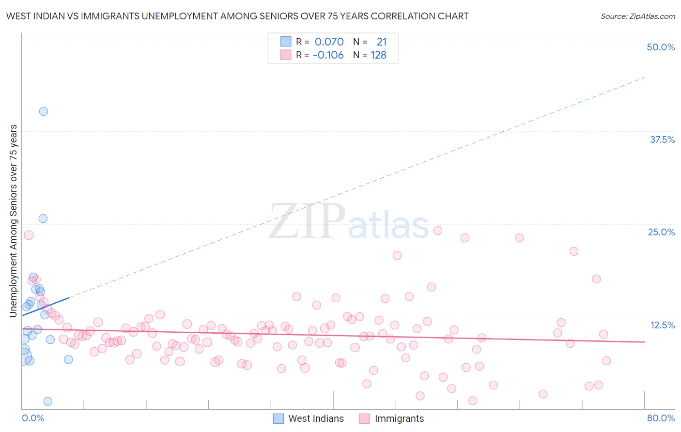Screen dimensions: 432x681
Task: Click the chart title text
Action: (x=237, y=16)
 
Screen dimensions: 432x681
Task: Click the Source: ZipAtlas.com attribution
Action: (x=637, y=16)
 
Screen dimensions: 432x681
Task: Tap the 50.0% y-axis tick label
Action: (x=661, y=47)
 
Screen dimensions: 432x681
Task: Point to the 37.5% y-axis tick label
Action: (x=662, y=139)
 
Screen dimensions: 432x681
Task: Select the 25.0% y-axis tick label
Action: (x=661, y=232)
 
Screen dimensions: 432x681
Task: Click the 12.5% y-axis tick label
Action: (x=662, y=325)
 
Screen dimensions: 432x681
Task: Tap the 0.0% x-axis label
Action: (x=33, y=418)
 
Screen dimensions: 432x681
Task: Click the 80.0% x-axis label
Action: (x=661, y=418)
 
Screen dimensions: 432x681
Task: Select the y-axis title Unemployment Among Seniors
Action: (x=13, y=221)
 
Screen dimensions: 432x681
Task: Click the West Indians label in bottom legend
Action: (x=316, y=418)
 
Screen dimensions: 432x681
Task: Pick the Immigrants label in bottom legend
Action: (x=399, y=418)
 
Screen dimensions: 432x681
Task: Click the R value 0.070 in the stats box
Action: (x=329, y=42)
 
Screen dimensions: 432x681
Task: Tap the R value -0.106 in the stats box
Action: (x=328, y=55)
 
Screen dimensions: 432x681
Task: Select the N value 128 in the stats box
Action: (x=378, y=55)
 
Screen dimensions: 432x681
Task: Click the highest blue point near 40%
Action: (x=44, y=111)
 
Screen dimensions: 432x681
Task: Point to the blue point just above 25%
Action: (x=43, y=218)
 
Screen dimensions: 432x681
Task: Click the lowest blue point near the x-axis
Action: (x=47, y=401)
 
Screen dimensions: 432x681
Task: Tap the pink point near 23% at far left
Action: (x=29, y=235)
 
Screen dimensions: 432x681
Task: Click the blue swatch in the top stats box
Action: (x=286, y=42)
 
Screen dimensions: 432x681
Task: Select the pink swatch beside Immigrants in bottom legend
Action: (x=364, y=418)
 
